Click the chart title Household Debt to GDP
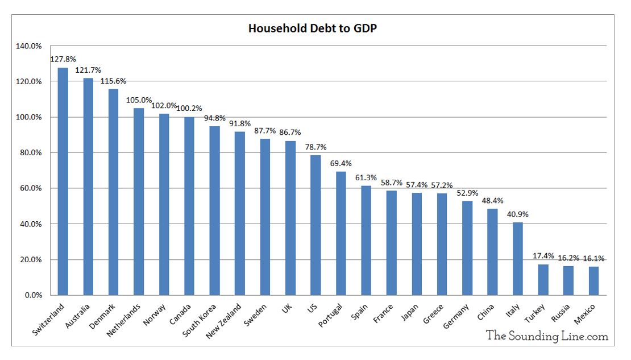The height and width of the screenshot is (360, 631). [313, 28]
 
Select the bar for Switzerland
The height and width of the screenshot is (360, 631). [63, 181]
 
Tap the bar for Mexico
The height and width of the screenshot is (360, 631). [593, 281]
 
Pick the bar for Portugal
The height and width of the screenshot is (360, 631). [341, 233]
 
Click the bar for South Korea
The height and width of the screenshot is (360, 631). [214, 210]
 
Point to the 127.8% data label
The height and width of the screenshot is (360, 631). [63, 59]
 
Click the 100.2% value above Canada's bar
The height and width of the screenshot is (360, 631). [189, 108]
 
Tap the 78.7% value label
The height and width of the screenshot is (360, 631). [315, 147]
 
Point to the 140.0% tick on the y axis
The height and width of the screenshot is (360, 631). [30, 46]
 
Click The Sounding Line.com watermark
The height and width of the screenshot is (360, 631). [547, 337]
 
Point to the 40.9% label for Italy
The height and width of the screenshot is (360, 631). [517, 214]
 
